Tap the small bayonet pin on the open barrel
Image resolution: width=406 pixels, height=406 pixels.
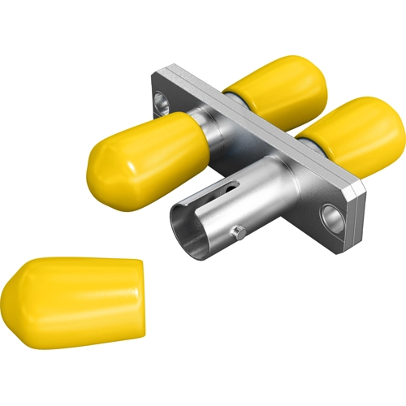tap(236, 233)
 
